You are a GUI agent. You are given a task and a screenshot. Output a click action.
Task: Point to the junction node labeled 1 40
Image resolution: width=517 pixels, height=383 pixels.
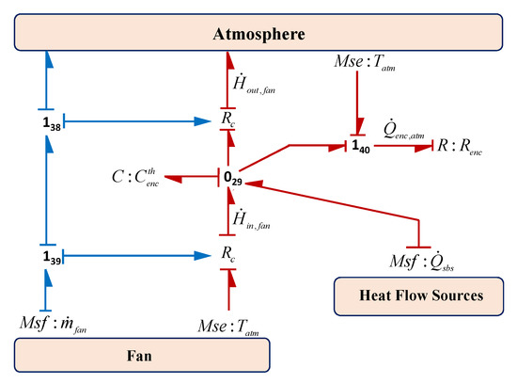click(x=359, y=147)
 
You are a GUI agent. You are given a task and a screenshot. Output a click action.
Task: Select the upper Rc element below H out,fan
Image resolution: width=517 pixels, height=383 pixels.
click(x=228, y=121)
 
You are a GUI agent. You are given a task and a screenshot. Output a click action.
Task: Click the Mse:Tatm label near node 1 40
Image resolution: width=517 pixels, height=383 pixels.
click(x=358, y=69)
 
